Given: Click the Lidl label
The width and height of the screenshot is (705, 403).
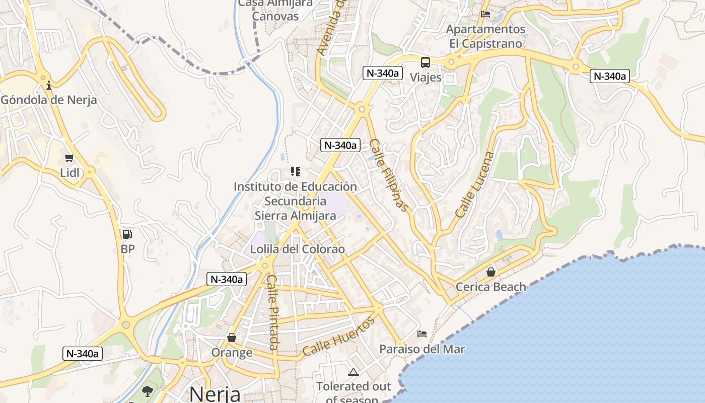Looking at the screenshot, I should [x=69, y=173].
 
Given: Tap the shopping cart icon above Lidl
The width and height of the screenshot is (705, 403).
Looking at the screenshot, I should [x=69, y=158].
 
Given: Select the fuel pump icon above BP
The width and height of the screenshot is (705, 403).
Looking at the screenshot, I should [x=127, y=234].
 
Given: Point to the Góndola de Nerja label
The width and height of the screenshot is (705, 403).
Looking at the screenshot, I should [x=49, y=100].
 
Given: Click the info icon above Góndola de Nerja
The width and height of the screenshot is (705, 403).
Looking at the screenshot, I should [x=49, y=85].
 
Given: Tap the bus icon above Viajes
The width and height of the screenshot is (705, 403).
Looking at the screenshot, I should [x=426, y=63].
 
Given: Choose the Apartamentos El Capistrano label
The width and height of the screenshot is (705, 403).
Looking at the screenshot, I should [x=485, y=36].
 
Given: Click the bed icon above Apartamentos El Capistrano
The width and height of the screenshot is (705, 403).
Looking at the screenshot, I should [x=485, y=14].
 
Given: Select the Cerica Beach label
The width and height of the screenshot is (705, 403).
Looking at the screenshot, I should [x=490, y=287].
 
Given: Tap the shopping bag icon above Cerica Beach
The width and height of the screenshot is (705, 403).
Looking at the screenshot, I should [x=490, y=273].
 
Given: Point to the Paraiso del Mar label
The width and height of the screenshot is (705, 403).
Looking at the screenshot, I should [x=422, y=349].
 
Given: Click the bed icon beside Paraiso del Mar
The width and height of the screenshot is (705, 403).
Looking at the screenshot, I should [x=422, y=333].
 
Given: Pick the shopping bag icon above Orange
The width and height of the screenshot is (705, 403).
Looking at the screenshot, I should [x=232, y=338].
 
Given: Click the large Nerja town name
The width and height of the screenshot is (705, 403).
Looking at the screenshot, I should [x=215, y=394].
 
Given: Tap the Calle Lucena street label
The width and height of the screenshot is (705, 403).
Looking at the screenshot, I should [x=474, y=184].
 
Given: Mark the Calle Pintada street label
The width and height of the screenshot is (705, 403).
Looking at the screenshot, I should [x=272, y=312].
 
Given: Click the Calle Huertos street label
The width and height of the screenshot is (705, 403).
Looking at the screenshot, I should [x=339, y=337].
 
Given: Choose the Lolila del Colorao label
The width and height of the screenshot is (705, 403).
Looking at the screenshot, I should [x=298, y=249].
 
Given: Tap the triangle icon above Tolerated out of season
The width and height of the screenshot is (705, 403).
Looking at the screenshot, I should [x=354, y=372].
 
